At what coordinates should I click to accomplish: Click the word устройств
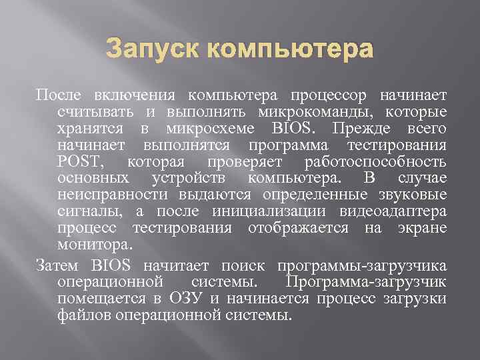click(189, 179)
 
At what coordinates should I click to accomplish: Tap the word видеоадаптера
click(393, 211)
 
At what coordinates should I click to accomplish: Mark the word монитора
click(90, 245)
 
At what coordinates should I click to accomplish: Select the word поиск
click(249, 265)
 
